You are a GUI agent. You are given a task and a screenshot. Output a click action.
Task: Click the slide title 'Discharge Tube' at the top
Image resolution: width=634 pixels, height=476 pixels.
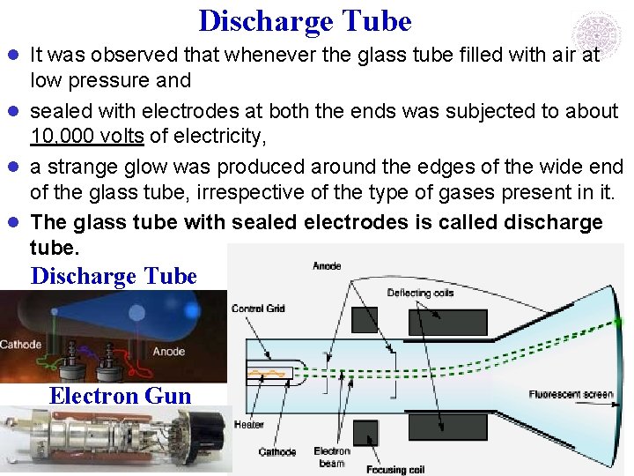click(305, 20)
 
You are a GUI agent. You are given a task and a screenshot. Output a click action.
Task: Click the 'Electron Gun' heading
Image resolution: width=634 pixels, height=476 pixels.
click(120, 396)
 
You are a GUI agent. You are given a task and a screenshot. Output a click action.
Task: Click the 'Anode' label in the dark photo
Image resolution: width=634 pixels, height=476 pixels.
click(168, 351)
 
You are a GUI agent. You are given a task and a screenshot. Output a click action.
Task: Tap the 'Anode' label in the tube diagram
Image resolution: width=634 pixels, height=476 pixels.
click(327, 265)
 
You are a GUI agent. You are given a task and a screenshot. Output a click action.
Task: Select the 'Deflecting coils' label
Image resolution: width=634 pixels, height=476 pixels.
click(419, 293)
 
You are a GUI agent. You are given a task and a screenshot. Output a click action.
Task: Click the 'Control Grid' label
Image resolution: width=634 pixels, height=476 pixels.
click(258, 309)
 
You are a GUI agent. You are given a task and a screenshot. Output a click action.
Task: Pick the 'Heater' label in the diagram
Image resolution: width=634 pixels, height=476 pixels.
click(249, 425)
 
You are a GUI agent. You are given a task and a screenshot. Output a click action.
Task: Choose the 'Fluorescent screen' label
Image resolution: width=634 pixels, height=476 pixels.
click(571, 394)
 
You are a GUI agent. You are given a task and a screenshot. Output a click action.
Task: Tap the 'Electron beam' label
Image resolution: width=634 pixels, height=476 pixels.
click(332, 457)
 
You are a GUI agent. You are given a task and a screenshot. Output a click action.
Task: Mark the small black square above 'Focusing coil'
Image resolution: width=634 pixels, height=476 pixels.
click(365, 433)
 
